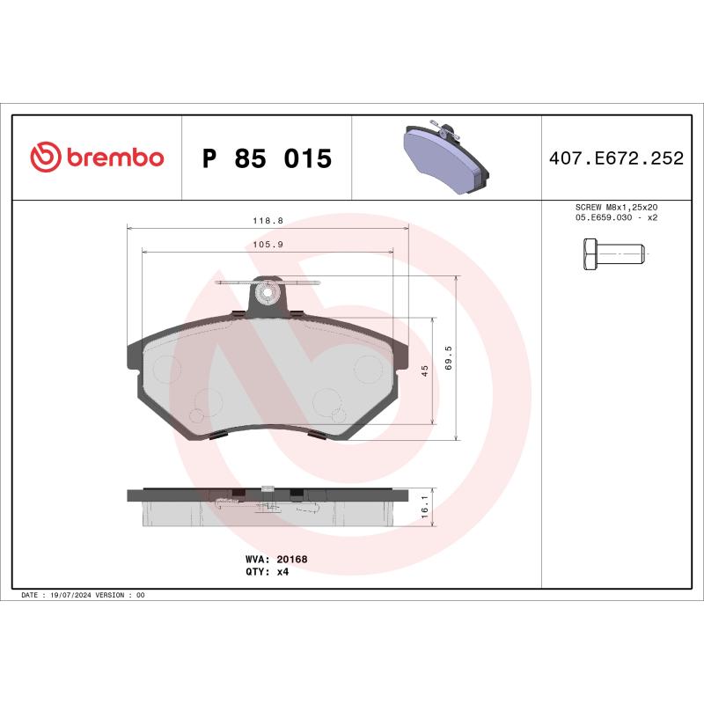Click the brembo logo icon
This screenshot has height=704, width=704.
[x=45, y=158]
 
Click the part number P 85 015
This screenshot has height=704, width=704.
[x=267, y=159]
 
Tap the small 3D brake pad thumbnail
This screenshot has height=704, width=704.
[x=444, y=158]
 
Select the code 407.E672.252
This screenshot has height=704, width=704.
[x=616, y=159]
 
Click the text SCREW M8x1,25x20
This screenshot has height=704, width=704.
[x=616, y=208]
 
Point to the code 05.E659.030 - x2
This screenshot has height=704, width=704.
[x=616, y=217]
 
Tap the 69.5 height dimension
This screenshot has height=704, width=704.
[x=449, y=359]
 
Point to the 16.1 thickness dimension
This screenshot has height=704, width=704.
[x=425, y=509]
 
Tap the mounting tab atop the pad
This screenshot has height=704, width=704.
[x=268, y=294]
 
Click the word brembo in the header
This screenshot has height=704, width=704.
[x=114, y=158]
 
